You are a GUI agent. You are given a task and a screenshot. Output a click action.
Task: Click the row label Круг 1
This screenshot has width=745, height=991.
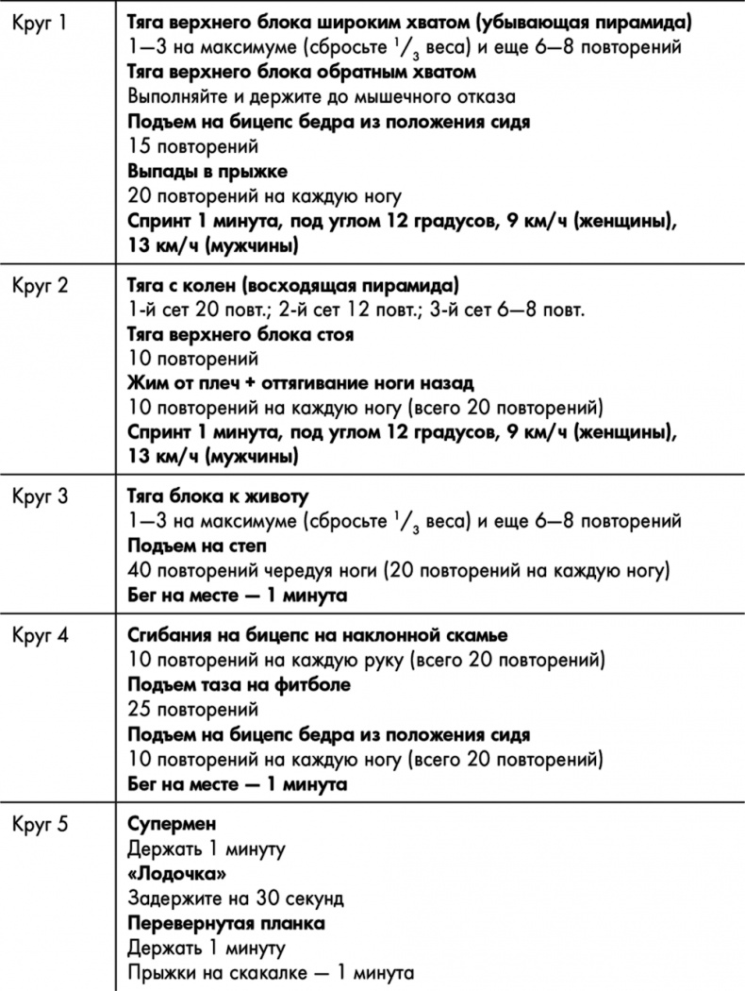coord(41,22)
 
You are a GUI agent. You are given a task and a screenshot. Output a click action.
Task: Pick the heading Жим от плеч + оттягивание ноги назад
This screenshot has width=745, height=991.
coord(300,384)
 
